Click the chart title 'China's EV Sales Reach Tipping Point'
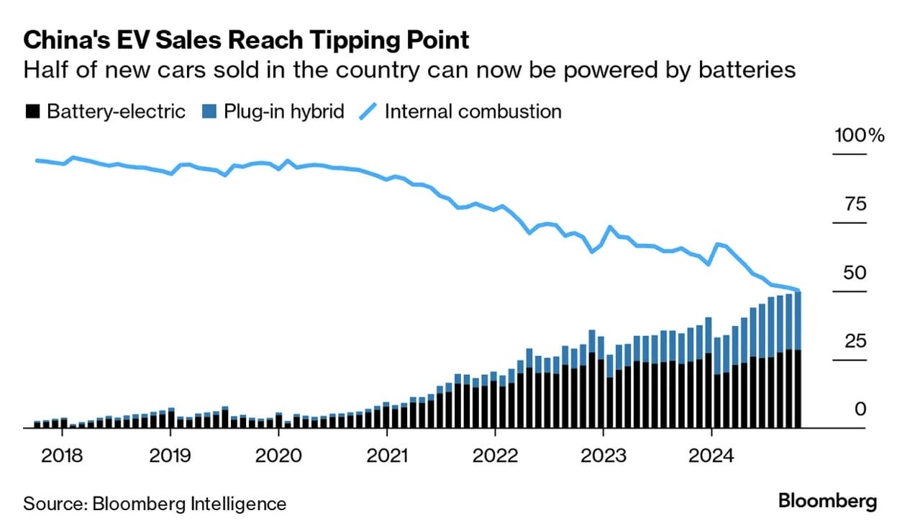(x=247, y=40)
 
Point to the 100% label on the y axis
(x=858, y=135)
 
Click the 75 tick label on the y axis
(x=855, y=204)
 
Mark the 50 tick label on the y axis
(x=855, y=273)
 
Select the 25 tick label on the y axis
(x=855, y=341)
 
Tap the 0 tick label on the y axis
(x=861, y=409)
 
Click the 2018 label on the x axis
(x=62, y=455)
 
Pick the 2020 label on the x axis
(x=278, y=455)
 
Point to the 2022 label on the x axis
(x=495, y=455)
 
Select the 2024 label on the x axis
(x=711, y=455)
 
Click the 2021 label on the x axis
(x=386, y=455)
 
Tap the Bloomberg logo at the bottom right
(x=827, y=501)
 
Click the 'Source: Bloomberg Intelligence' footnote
(x=155, y=503)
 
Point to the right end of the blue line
(x=798, y=291)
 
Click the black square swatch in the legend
(x=32, y=112)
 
